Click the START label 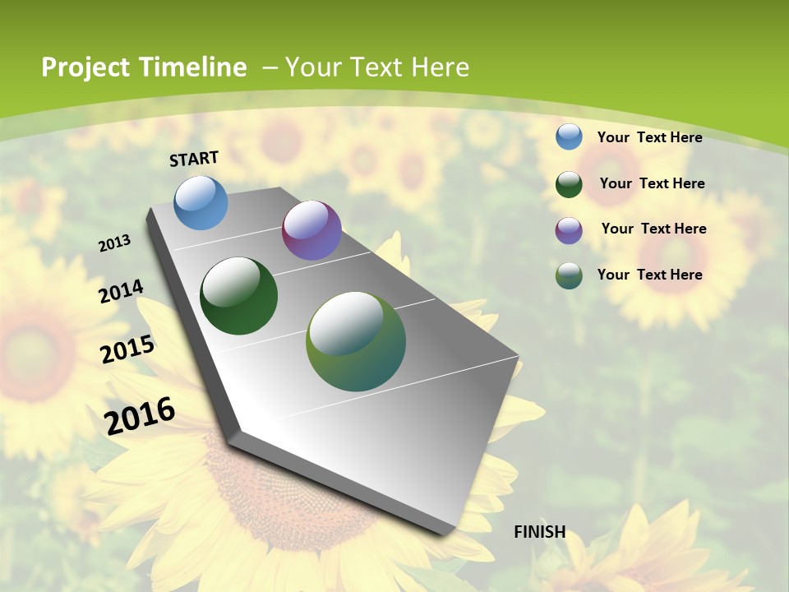point(194,159)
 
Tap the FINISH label point(539,532)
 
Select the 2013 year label point(115,243)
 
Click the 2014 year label point(121,291)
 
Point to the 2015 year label point(127,349)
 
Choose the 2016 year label point(140,415)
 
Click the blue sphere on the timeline point(201,202)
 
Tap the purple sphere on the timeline point(311,230)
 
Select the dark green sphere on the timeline point(239,296)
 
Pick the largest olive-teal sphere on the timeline point(356,341)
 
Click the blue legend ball point(569,136)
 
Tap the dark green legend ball point(569,183)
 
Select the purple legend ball point(569,229)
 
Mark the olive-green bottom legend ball point(569,275)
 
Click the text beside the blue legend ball point(649,137)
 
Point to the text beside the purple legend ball point(653,229)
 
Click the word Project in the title point(85,67)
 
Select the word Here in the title point(440,67)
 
